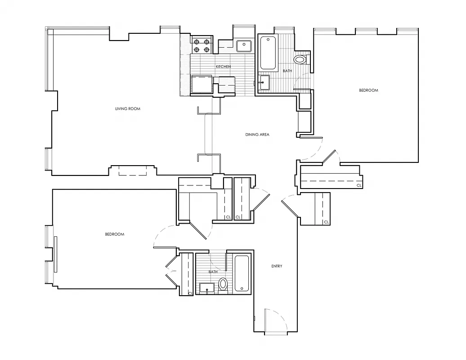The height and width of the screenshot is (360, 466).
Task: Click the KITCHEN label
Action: [223, 67]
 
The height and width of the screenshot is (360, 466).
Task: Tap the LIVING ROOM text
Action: [128, 108]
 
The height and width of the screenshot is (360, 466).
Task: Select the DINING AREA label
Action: [257, 135]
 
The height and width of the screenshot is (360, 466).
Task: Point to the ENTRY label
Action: [277, 266]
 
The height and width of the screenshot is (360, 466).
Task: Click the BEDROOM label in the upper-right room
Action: [368, 90]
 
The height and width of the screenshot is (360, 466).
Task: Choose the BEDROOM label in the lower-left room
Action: [115, 234]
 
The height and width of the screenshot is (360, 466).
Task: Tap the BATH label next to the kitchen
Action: [287, 71]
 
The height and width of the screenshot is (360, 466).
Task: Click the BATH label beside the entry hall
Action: [213, 272]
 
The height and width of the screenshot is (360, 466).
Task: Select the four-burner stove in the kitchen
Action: [202, 45]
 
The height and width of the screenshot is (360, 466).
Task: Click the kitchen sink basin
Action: [244, 45]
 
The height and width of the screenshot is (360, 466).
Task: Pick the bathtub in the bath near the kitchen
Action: [268, 53]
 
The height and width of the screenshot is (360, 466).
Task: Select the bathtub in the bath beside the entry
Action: [242, 273]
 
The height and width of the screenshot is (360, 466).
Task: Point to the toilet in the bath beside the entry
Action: [223, 284]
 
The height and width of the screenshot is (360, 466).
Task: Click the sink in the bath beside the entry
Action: [207, 288]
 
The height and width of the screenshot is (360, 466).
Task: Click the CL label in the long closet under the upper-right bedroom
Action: [359, 185]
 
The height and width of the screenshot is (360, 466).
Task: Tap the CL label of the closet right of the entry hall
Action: [327, 222]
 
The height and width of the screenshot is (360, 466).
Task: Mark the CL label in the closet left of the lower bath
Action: [190, 293]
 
